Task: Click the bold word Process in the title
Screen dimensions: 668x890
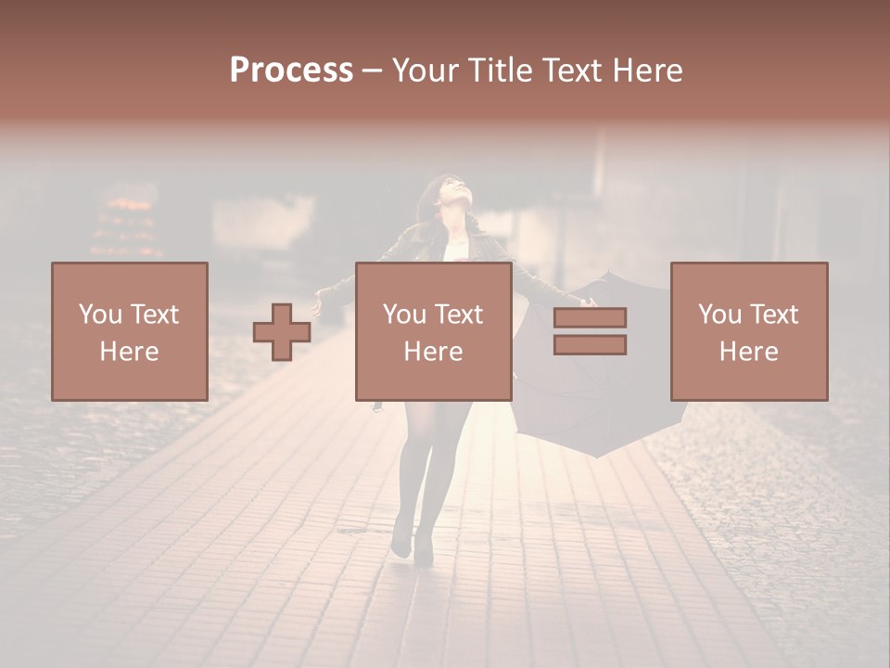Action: pos(291,71)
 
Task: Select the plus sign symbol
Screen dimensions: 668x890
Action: pos(282,332)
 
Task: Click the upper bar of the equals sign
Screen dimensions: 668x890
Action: pos(590,318)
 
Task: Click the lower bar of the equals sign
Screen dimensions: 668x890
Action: pos(590,344)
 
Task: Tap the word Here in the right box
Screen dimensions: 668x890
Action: pos(748,352)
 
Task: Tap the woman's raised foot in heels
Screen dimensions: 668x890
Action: pos(401,542)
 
